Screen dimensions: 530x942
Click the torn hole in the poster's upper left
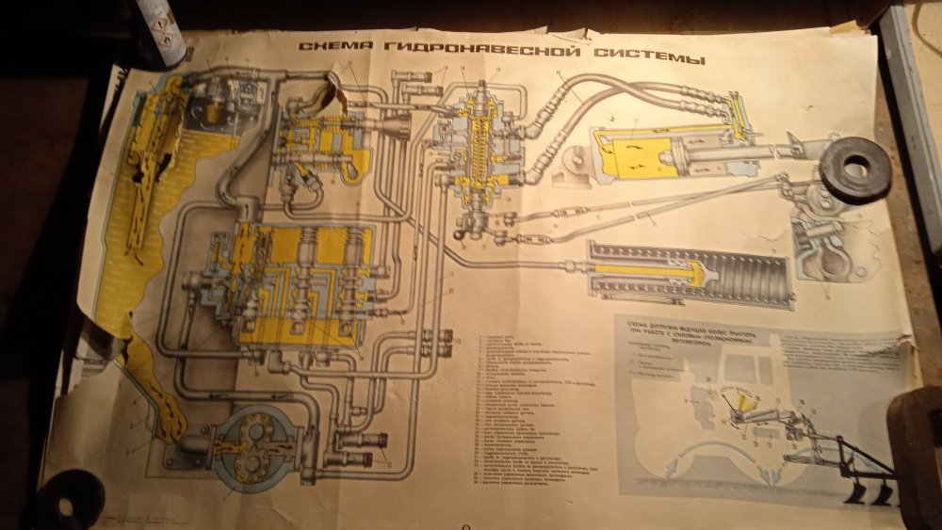pos(332,89)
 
